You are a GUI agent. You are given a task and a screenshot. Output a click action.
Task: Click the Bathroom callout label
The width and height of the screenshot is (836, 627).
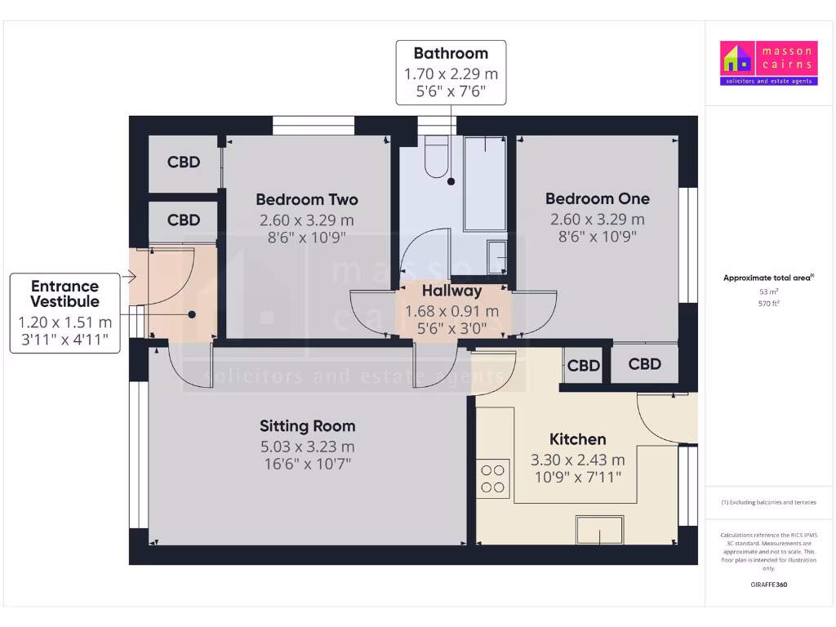(451, 54)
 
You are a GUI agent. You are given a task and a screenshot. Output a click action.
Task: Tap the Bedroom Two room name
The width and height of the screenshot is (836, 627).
(306, 199)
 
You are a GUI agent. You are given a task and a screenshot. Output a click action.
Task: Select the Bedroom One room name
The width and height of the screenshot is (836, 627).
(597, 198)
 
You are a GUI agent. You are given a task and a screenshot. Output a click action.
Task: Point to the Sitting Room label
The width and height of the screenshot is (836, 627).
(307, 425)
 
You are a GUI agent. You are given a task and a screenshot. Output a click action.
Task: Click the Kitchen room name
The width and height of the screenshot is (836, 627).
(577, 439)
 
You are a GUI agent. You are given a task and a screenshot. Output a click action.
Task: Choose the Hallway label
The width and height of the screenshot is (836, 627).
(451, 291)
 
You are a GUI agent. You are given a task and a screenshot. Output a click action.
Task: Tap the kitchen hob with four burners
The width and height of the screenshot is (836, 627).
(492, 478)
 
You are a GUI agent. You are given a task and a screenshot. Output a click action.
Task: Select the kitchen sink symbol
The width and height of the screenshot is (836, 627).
(601, 530)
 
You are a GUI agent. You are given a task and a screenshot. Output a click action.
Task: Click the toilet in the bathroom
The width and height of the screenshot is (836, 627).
(436, 158)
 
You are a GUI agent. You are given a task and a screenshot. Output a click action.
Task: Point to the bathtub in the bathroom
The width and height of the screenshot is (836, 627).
(484, 184)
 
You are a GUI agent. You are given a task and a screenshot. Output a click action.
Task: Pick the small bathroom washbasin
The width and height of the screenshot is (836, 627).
(496, 256)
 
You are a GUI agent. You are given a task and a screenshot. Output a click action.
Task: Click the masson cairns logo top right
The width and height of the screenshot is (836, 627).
(767, 63)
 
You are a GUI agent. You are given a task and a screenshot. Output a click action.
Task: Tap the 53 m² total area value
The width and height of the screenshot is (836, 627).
(768, 291)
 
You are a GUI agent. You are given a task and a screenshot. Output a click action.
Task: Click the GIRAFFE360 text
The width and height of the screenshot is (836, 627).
(768, 585)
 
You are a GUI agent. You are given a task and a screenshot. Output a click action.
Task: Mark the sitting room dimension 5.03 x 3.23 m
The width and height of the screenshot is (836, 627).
(307, 447)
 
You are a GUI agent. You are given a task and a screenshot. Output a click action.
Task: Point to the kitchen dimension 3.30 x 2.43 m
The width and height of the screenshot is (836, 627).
(577, 460)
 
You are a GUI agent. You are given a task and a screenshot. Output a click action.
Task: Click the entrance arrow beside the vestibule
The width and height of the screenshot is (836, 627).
(128, 278)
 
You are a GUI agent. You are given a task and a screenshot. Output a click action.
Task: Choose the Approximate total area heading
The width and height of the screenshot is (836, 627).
(768, 278)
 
